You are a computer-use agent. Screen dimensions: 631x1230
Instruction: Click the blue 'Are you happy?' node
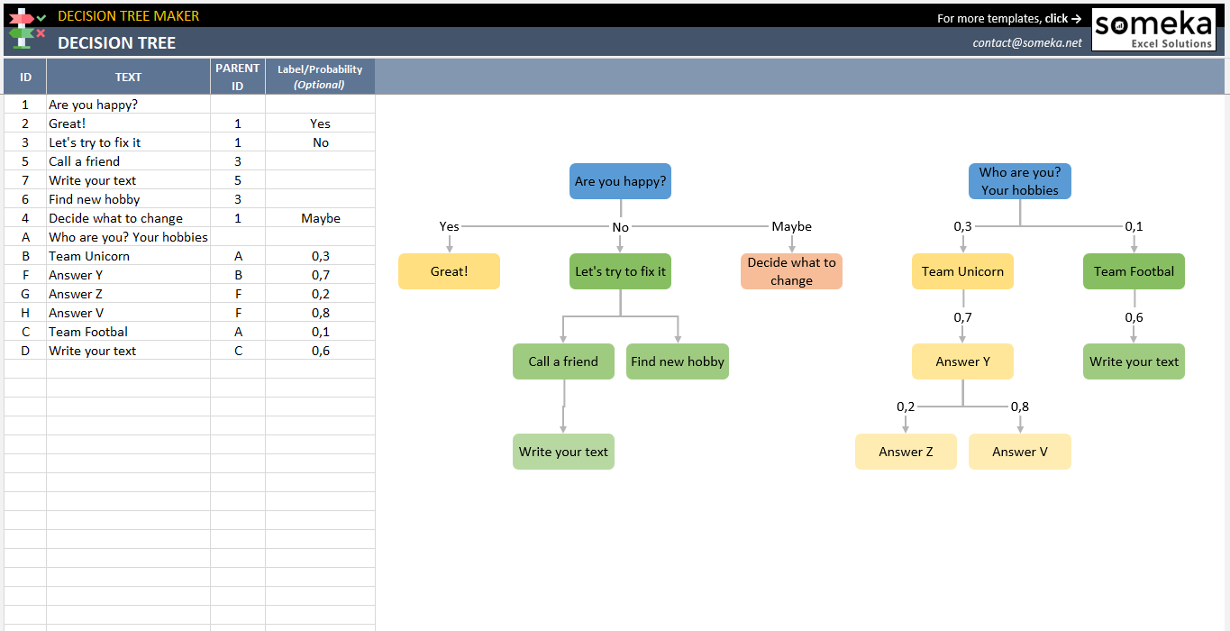(x=620, y=181)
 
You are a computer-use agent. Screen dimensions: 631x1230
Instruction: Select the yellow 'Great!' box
(x=449, y=271)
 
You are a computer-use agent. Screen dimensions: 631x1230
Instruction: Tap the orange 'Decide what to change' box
(x=791, y=271)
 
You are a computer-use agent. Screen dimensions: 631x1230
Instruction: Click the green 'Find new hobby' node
(x=677, y=361)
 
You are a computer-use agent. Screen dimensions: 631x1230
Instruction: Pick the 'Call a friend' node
(x=563, y=361)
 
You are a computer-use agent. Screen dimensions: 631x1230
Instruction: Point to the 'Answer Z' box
(x=906, y=452)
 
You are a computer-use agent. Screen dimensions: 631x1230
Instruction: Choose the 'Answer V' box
(x=1019, y=452)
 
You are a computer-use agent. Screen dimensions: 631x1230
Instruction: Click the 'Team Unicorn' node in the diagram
(x=962, y=271)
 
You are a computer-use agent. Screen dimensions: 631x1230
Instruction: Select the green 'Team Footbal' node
(x=1134, y=271)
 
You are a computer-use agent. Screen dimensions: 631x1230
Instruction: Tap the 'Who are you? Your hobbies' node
(x=1019, y=181)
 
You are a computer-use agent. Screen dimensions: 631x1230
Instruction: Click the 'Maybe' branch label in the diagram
(x=791, y=226)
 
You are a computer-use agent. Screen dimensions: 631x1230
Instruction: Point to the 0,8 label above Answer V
(x=1019, y=407)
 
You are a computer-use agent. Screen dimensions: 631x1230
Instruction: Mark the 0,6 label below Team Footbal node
(x=1134, y=317)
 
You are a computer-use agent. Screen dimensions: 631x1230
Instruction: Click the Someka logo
(x=1153, y=30)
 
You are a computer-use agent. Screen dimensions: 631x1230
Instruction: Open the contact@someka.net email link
(x=1027, y=42)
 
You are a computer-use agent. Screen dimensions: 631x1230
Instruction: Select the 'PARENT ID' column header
(x=237, y=77)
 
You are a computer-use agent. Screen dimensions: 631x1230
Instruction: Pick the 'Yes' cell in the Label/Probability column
(x=320, y=123)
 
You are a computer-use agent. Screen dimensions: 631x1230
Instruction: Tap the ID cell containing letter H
(x=25, y=313)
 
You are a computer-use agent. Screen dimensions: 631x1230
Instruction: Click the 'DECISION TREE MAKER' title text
(x=129, y=15)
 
